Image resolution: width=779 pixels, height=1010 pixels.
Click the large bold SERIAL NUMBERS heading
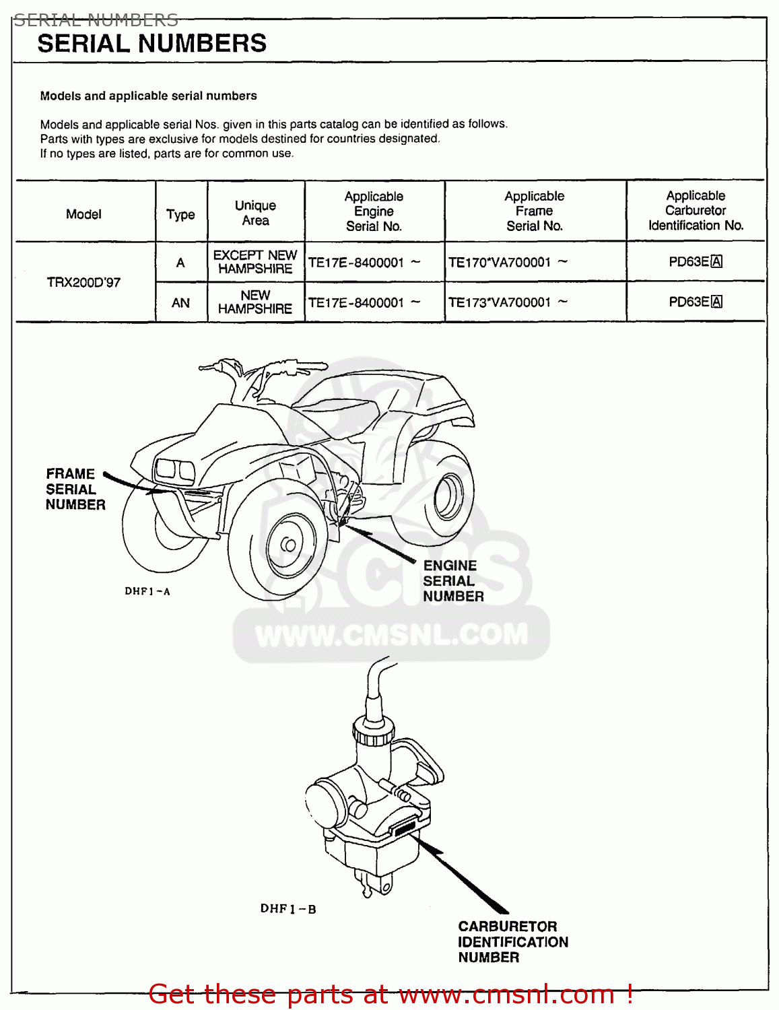(x=151, y=44)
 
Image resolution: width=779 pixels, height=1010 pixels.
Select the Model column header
(x=83, y=214)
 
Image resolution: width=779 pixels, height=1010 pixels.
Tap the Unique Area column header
(x=255, y=213)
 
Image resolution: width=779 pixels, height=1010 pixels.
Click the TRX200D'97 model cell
(x=83, y=282)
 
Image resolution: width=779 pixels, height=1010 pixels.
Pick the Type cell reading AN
(x=180, y=303)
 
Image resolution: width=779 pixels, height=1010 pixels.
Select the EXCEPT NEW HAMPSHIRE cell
(x=255, y=262)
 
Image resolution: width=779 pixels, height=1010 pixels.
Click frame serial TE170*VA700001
(x=500, y=263)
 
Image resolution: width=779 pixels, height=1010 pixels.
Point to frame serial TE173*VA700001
(x=500, y=303)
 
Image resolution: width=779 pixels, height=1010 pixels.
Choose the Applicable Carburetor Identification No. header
(x=696, y=211)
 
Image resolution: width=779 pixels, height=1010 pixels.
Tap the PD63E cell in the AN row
(x=695, y=302)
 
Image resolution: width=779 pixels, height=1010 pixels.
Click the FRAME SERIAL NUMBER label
(x=75, y=490)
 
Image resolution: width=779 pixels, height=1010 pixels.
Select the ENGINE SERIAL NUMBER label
(x=452, y=581)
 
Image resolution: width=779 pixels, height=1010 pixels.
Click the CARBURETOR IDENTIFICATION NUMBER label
(x=512, y=942)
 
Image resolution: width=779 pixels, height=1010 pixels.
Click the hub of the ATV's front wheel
(x=288, y=545)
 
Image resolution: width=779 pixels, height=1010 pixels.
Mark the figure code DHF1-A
(x=147, y=591)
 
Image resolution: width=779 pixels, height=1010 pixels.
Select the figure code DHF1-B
(x=288, y=909)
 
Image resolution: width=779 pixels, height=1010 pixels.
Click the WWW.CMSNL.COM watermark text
(x=391, y=635)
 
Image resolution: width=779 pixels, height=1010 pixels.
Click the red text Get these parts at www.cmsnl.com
(x=391, y=994)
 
